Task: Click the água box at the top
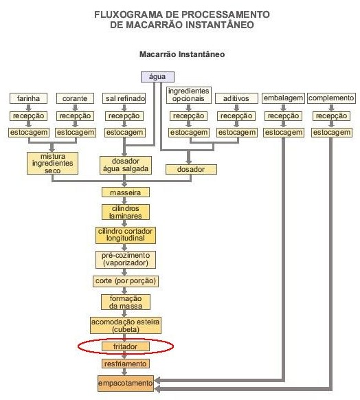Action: (157, 77)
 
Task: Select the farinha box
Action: (28, 98)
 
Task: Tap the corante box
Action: (75, 98)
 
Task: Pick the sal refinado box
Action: (124, 98)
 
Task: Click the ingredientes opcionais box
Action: (189, 95)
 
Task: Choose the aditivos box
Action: (236, 98)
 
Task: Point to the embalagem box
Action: (283, 98)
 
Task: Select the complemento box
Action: (331, 98)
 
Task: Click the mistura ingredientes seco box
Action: (52, 164)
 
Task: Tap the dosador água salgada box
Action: (126, 166)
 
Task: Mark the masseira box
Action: (126, 192)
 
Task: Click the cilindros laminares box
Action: (126, 212)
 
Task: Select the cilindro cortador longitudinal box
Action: (126, 234)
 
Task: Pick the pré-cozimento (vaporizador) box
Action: (126, 259)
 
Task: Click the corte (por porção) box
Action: (126, 281)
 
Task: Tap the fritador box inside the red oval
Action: (126, 346)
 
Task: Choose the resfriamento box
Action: (126, 364)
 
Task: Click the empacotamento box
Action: (126, 384)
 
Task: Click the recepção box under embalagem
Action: (283, 116)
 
